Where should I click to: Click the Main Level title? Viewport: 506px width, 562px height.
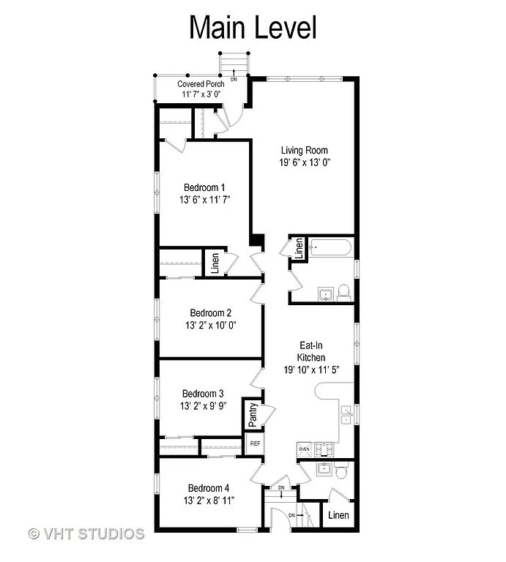pyautogui.click(x=253, y=28)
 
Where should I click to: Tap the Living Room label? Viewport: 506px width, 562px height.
pyautogui.click(x=304, y=150)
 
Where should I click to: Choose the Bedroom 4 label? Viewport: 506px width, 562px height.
pyautogui.click(x=209, y=488)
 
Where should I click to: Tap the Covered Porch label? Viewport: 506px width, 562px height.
pyautogui.click(x=201, y=84)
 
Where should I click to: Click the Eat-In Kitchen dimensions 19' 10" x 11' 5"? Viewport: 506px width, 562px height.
pyautogui.click(x=310, y=370)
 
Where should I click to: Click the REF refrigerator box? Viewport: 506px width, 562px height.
pyautogui.click(x=255, y=443)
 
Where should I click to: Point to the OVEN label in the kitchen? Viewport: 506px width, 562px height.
pyautogui.click(x=305, y=448)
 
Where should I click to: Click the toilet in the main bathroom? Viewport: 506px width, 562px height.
pyautogui.click(x=345, y=293)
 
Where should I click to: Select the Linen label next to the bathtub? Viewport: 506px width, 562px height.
pyautogui.click(x=299, y=248)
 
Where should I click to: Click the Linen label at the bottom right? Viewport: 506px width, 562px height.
pyautogui.click(x=338, y=515)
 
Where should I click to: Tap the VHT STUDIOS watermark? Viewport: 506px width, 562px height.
pyautogui.click(x=86, y=533)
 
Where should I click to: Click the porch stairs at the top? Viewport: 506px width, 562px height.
pyautogui.click(x=234, y=64)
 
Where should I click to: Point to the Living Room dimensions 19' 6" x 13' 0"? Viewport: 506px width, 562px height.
pyautogui.click(x=304, y=162)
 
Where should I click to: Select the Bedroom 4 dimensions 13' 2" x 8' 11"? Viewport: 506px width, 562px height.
pyautogui.click(x=209, y=501)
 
